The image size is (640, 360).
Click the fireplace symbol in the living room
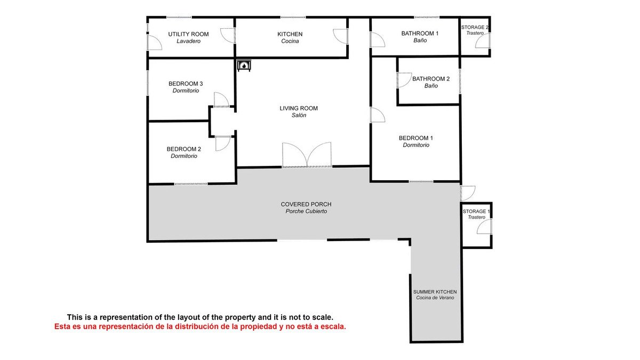pos(244,66)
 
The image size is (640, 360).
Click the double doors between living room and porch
pos(307,155)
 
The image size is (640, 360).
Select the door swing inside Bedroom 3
pos(222,100)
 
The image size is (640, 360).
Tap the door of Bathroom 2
pos(404,80)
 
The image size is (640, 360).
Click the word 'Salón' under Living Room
pos(299,115)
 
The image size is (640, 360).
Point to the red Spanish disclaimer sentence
pos(200,326)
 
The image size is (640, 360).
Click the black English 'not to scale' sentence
pos(200,317)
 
